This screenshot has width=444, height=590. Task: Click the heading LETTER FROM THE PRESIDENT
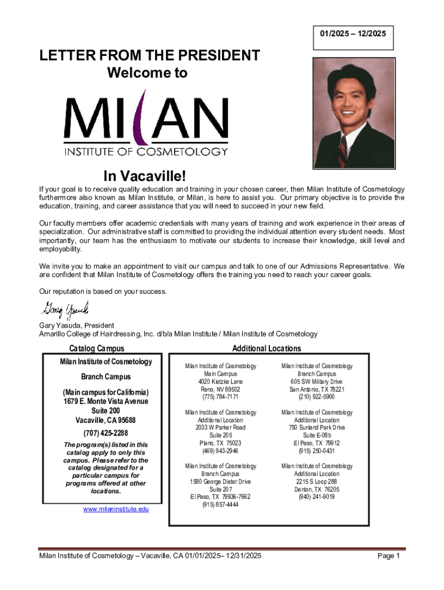click(149, 56)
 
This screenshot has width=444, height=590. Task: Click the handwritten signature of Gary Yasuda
click(63, 311)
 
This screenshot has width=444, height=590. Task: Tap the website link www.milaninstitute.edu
click(116, 509)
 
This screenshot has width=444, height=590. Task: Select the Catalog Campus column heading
click(96, 349)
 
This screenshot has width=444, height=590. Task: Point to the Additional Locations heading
click(266, 349)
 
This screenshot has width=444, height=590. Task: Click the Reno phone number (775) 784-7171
click(220, 397)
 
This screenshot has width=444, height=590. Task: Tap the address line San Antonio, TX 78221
click(317, 389)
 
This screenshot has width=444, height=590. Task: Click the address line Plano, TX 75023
click(220, 443)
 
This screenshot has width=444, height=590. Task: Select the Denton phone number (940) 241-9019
click(317, 497)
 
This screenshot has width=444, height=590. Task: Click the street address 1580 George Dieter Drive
click(220, 481)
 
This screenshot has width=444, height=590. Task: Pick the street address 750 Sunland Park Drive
click(317, 428)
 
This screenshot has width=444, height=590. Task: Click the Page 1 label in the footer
click(389, 556)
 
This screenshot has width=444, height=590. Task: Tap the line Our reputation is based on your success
click(103, 291)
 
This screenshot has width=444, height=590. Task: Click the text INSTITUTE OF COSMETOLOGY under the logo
click(145, 152)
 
